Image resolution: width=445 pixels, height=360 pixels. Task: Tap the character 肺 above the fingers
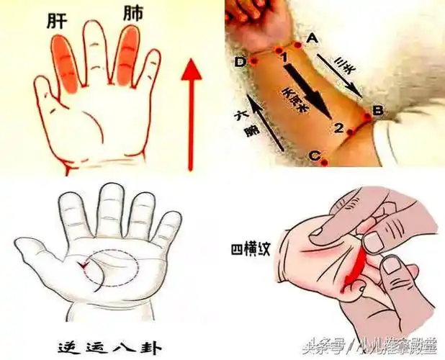tap(133, 14)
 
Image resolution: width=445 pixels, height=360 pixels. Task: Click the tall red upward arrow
tap(191, 115)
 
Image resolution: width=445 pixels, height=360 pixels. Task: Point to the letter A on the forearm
tap(313, 37)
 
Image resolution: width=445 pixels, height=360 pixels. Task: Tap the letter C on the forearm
tap(314, 155)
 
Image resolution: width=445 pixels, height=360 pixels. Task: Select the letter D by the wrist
tap(241, 62)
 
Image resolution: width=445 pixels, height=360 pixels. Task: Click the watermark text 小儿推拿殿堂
tap(399, 344)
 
